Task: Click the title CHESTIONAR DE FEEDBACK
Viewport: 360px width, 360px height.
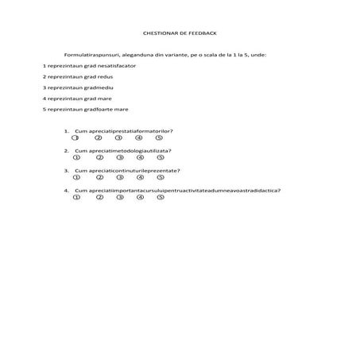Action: tap(179, 34)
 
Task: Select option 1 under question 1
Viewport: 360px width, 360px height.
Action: tap(75, 137)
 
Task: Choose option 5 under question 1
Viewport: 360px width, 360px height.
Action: tap(160, 137)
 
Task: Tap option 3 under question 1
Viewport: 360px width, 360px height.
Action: tap(118, 137)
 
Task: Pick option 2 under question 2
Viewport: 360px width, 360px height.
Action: tap(98, 157)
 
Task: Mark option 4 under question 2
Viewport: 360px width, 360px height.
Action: tap(139, 157)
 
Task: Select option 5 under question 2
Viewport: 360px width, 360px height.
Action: tap(160, 157)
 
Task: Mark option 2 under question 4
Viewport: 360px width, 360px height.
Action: tap(98, 197)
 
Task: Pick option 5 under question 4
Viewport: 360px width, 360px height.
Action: tap(160, 197)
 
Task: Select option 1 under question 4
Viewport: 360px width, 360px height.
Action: tap(75, 197)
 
